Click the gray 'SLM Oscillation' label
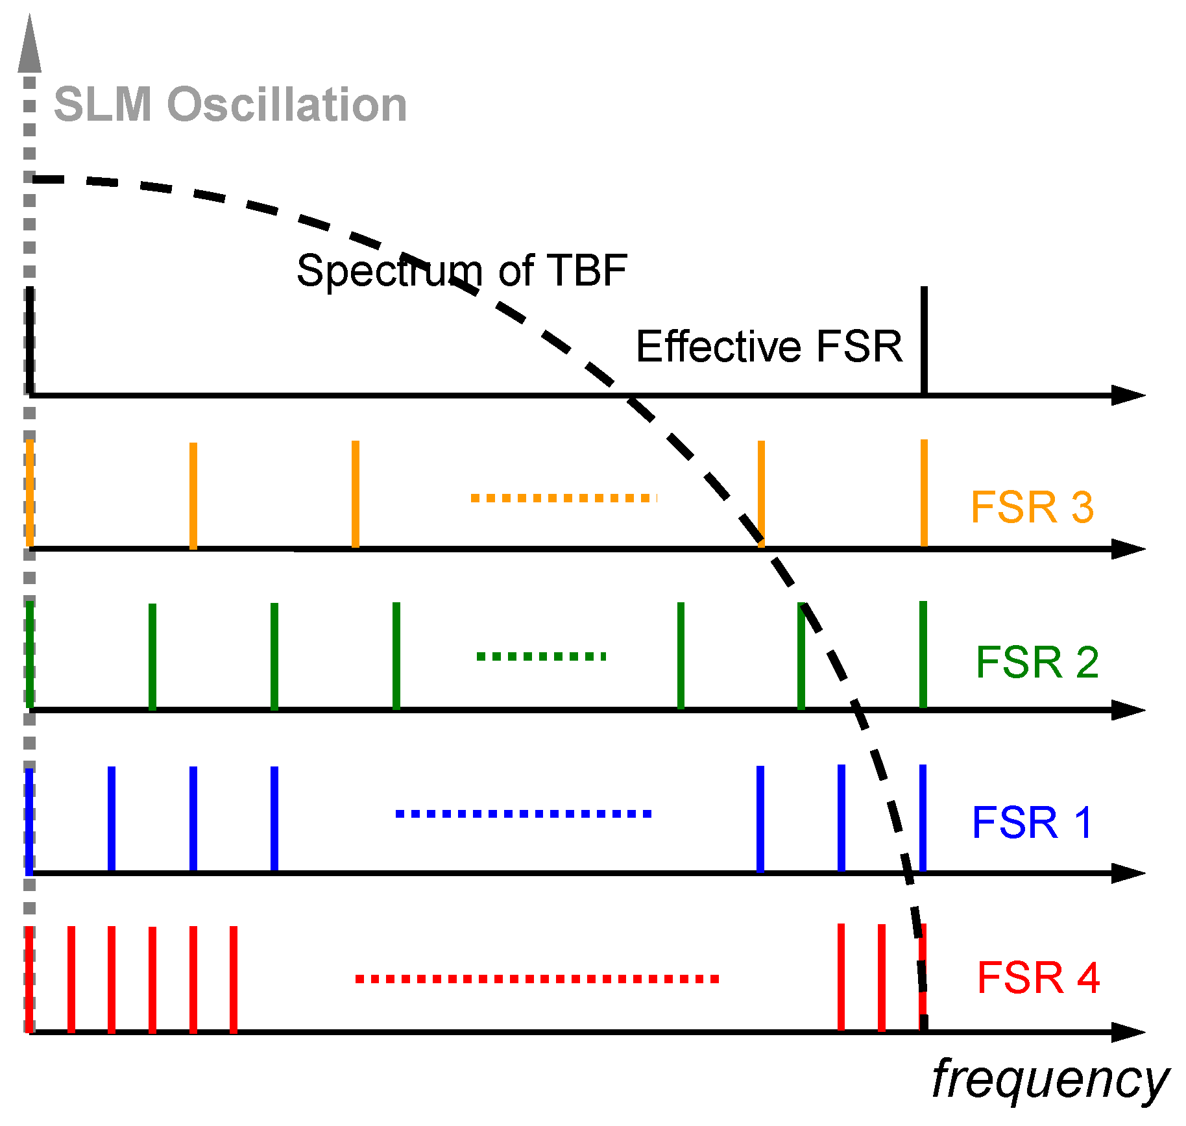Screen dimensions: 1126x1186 point(230,104)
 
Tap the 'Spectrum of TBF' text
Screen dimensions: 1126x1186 point(461,270)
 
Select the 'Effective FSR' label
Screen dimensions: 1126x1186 point(769,346)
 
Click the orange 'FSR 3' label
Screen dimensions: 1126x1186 point(1032,507)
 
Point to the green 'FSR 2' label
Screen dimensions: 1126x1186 point(1037,662)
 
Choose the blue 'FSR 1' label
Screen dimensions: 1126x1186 point(1032,822)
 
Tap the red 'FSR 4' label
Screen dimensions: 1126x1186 point(1038,977)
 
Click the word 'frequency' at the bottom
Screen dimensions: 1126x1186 point(1050,1079)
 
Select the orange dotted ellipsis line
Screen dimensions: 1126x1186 point(564,498)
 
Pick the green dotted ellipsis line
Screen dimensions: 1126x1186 point(541,656)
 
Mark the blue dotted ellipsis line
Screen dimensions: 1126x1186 point(523,813)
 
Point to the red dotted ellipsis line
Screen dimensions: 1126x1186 point(537,979)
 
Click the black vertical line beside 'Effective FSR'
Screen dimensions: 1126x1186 point(924,339)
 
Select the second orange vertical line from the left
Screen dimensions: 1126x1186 point(193,495)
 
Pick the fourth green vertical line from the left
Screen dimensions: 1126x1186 point(396,655)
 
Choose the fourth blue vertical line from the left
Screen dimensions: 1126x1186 point(274,818)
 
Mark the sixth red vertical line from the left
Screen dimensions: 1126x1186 point(234,979)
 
